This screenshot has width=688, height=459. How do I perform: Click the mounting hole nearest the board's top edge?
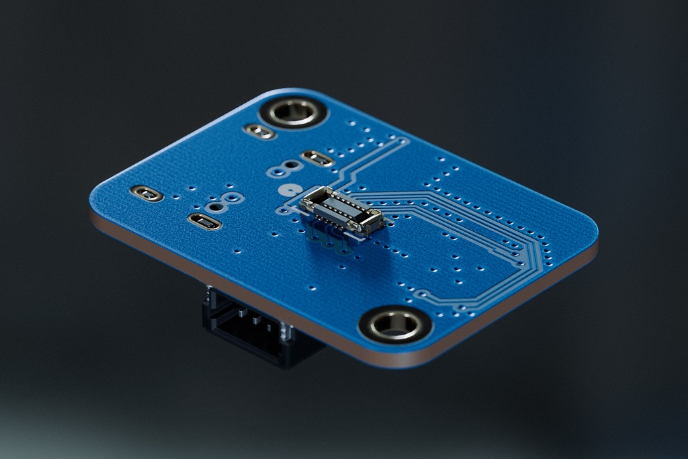[x=294, y=112]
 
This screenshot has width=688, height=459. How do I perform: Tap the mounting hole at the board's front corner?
[x=394, y=325]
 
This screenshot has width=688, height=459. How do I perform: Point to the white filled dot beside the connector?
[x=291, y=190]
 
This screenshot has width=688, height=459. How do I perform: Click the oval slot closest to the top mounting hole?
[x=259, y=131]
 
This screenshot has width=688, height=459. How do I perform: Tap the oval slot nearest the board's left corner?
[x=146, y=194]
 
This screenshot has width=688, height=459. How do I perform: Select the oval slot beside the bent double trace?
[x=317, y=159]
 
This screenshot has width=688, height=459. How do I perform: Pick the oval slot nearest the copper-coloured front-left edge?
[x=205, y=221]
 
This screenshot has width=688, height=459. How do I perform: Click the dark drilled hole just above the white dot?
[x=291, y=165]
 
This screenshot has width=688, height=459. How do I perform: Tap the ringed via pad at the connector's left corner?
[x=284, y=211]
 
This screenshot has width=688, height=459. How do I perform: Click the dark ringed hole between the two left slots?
[x=232, y=197]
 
